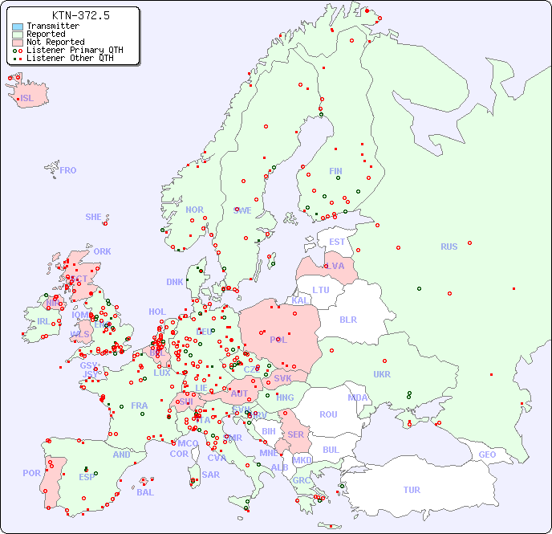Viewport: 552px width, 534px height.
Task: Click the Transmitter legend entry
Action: pyautogui.click(x=52, y=26)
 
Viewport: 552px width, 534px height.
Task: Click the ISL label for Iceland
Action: pyautogui.click(x=27, y=99)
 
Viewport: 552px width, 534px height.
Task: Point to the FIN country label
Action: pyautogui.click(x=335, y=171)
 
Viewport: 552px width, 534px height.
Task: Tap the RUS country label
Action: pyautogui.click(x=448, y=247)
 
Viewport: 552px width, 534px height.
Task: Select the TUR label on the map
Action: pyautogui.click(x=412, y=490)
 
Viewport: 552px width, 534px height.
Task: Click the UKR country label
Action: pyautogui.click(x=382, y=374)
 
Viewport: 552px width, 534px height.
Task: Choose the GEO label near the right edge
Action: pyautogui.click(x=487, y=455)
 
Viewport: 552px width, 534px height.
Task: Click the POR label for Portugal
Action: pyautogui.click(x=31, y=473)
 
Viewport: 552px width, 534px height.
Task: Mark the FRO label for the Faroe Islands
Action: pyautogui.click(x=68, y=170)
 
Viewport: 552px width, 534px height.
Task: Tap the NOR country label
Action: pyautogui.click(x=194, y=210)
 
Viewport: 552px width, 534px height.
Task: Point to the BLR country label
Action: pyautogui.click(x=347, y=319)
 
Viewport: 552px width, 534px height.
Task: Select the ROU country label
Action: pyautogui.click(x=328, y=414)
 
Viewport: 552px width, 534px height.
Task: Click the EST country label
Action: pyautogui.click(x=337, y=242)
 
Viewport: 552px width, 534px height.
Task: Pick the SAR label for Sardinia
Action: pyautogui.click(x=210, y=475)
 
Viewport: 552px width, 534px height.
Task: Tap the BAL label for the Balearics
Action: pyautogui.click(x=144, y=492)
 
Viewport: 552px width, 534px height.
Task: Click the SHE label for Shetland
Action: pyautogui.click(x=94, y=217)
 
